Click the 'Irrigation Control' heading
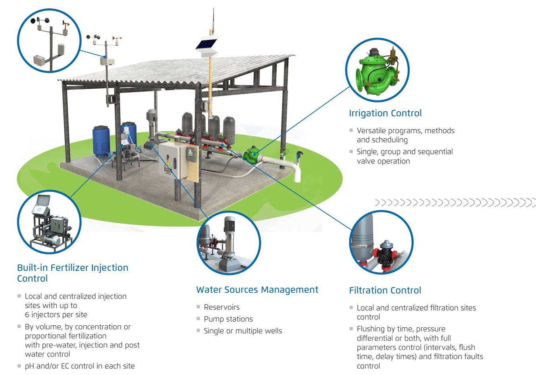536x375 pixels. coord(385,113)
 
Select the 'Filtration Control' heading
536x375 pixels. coord(385,290)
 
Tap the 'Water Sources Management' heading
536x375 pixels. coord(257,290)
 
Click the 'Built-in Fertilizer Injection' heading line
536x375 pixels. coord(73,268)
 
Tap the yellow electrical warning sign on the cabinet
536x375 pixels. coord(168,163)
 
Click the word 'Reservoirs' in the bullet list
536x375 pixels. coord(222,307)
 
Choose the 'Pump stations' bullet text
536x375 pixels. coord(228,319)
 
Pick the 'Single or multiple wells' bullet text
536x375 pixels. coord(243,331)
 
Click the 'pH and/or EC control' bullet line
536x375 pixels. coord(80,366)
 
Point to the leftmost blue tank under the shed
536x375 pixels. coord(101,142)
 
